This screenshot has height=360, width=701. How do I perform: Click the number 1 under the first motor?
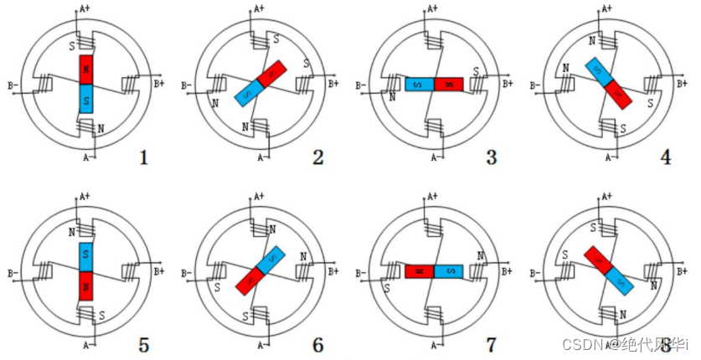pos(144,156)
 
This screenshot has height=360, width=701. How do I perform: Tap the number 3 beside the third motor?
pos(491,156)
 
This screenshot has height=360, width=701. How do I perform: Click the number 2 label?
pos(318,156)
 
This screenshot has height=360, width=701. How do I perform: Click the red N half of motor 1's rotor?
pos(87,69)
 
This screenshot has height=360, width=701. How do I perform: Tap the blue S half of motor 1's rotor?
pos(87,98)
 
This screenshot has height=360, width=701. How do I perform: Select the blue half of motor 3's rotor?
pos(419,84)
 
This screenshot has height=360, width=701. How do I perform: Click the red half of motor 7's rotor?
pos(419,271)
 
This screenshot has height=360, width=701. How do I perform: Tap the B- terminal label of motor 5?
pos(13,272)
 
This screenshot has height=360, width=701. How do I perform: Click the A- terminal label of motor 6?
pos(262,344)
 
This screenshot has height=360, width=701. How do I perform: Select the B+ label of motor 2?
pos(332,84)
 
